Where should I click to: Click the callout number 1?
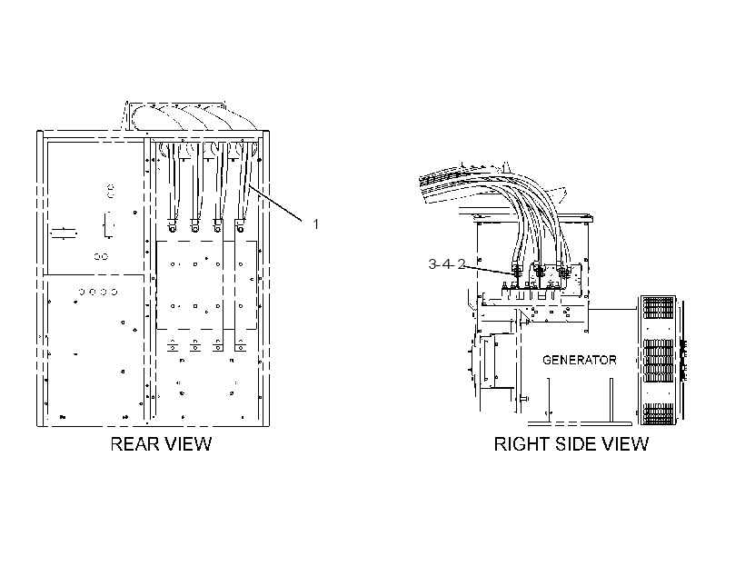point(315,223)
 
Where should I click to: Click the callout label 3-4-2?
point(447,263)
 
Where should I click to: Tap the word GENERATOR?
point(579,360)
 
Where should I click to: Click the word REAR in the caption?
point(134,444)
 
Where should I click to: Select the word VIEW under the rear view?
point(188,444)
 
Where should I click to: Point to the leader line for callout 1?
point(275,203)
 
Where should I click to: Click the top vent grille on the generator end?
point(658,308)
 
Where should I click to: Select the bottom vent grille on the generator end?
point(658,413)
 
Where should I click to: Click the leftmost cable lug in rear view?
point(172,225)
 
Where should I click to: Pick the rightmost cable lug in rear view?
point(240,225)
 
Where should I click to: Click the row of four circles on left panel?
point(98,292)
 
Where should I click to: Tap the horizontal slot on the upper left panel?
point(64,233)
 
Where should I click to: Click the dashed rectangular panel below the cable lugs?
point(206,284)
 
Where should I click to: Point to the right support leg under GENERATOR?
point(611,399)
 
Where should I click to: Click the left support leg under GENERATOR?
point(548,399)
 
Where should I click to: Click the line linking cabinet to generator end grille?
point(612,309)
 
